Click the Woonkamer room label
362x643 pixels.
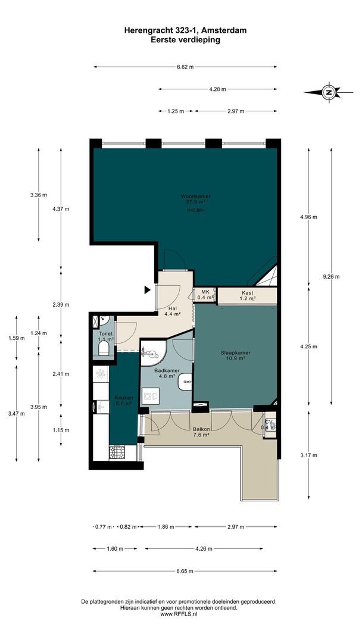pyautogui.click(x=196, y=201)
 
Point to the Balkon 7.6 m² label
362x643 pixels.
pyautogui.click(x=201, y=432)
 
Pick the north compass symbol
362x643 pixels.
pyautogui.click(x=328, y=92)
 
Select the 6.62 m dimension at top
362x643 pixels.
pyautogui.click(x=185, y=67)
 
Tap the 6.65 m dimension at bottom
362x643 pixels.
pyautogui.click(x=185, y=571)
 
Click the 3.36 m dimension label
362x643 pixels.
pyautogui.click(x=39, y=194)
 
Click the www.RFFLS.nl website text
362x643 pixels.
pyautogui.click(x=179, y=614)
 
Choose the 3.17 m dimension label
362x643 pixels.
pyautogui.click(x=308, y=455)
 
